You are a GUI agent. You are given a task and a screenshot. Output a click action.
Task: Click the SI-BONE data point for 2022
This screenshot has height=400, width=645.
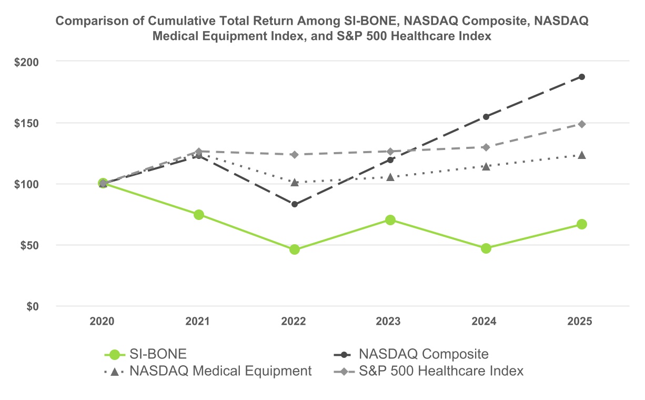point(295,249)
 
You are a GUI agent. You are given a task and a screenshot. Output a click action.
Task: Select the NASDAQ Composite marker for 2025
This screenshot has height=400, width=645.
point(582,77)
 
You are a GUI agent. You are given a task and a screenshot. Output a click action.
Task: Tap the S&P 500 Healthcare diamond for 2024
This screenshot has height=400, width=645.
point(486,147)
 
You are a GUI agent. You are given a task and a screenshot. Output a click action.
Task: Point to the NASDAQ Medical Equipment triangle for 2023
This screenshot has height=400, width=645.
point(390,177)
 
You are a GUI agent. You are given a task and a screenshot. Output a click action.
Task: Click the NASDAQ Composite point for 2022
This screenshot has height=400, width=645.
point(295,204)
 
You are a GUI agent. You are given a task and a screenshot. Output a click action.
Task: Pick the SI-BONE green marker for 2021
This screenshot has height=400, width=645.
point(199,215)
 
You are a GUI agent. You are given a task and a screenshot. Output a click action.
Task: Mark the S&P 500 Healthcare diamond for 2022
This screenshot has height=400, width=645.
point(295,155)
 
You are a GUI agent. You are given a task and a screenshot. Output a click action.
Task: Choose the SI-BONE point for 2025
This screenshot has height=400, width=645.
point(582,224)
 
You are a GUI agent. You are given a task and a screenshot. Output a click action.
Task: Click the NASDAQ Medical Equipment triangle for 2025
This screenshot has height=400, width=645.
point(582,155)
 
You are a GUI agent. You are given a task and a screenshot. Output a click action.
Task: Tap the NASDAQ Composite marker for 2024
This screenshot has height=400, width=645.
point(486,117)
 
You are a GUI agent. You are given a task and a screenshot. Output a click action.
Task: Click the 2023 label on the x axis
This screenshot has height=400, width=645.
point(389,322)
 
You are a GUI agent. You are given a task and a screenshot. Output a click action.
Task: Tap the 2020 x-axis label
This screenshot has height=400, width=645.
point(102,322)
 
